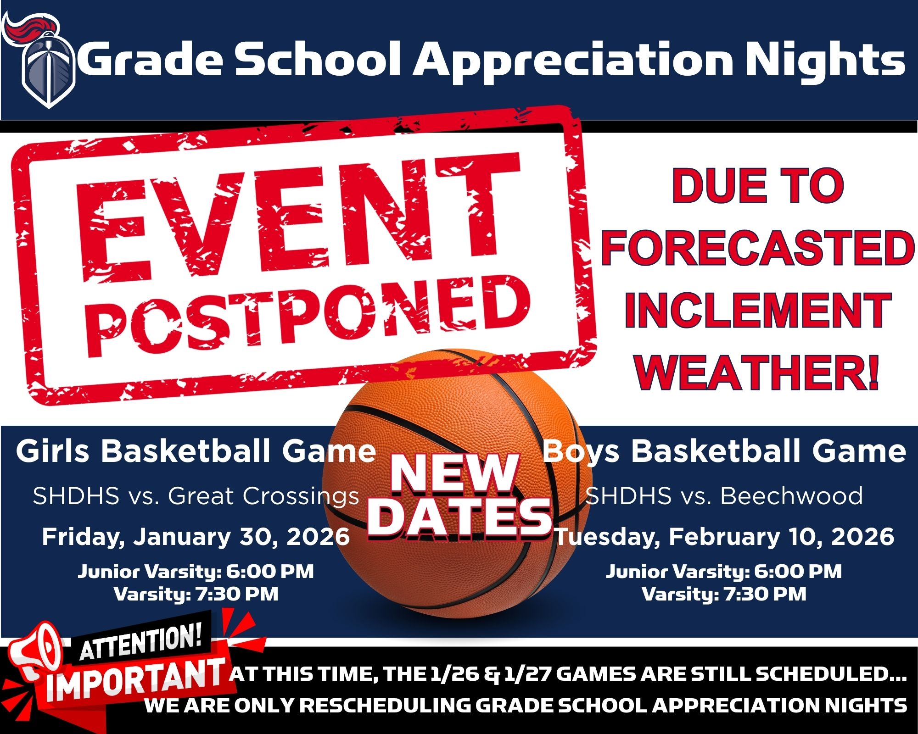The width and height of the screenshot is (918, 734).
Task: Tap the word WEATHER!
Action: point(757,372)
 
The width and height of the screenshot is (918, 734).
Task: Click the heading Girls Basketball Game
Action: point(196,451)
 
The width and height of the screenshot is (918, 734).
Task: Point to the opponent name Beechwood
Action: point(791,495)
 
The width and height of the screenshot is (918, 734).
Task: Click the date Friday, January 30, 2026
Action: point(196,537)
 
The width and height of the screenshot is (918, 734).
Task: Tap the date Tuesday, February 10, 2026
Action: point(725,537)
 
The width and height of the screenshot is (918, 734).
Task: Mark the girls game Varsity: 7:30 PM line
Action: point(196,594)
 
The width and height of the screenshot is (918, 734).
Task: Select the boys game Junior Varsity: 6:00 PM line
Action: point(724,572)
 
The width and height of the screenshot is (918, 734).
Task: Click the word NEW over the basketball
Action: point(454,473)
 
